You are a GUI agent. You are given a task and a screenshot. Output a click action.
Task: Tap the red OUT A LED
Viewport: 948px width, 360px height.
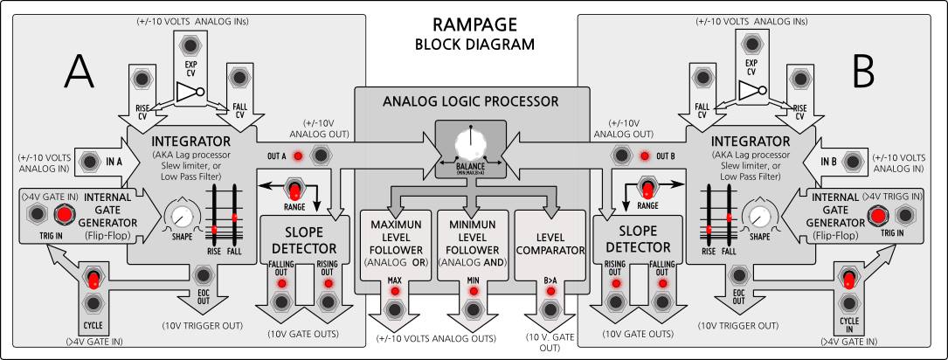tap(298, 156)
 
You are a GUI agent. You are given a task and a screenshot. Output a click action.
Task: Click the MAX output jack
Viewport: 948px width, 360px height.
tap(395, 309)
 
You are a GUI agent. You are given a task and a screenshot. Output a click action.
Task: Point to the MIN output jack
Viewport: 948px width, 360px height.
tap(473, 309)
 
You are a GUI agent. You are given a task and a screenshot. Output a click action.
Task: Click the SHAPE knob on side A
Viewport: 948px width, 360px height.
tap(182, 214)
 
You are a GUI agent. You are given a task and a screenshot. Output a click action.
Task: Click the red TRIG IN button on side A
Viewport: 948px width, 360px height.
tap(64, 215)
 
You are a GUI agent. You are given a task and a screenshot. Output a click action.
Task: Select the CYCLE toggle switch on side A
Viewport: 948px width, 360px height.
tap(93, 280)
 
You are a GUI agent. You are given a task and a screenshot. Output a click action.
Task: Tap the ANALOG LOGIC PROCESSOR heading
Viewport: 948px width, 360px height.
tap(473, 100)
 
